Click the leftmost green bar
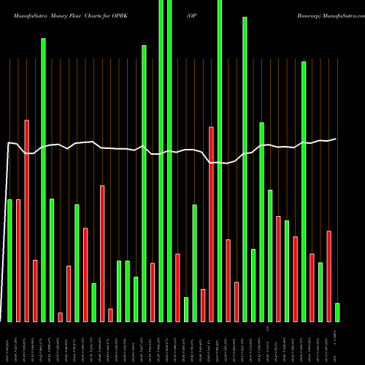coord(10,260)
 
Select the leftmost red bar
coord(18,260)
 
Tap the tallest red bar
coord(27,220)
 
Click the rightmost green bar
coord(337,312)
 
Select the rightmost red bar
coord(328,276)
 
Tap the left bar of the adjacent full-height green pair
coord(161,161)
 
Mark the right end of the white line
coord(337,139)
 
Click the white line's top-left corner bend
coord(8,142)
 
